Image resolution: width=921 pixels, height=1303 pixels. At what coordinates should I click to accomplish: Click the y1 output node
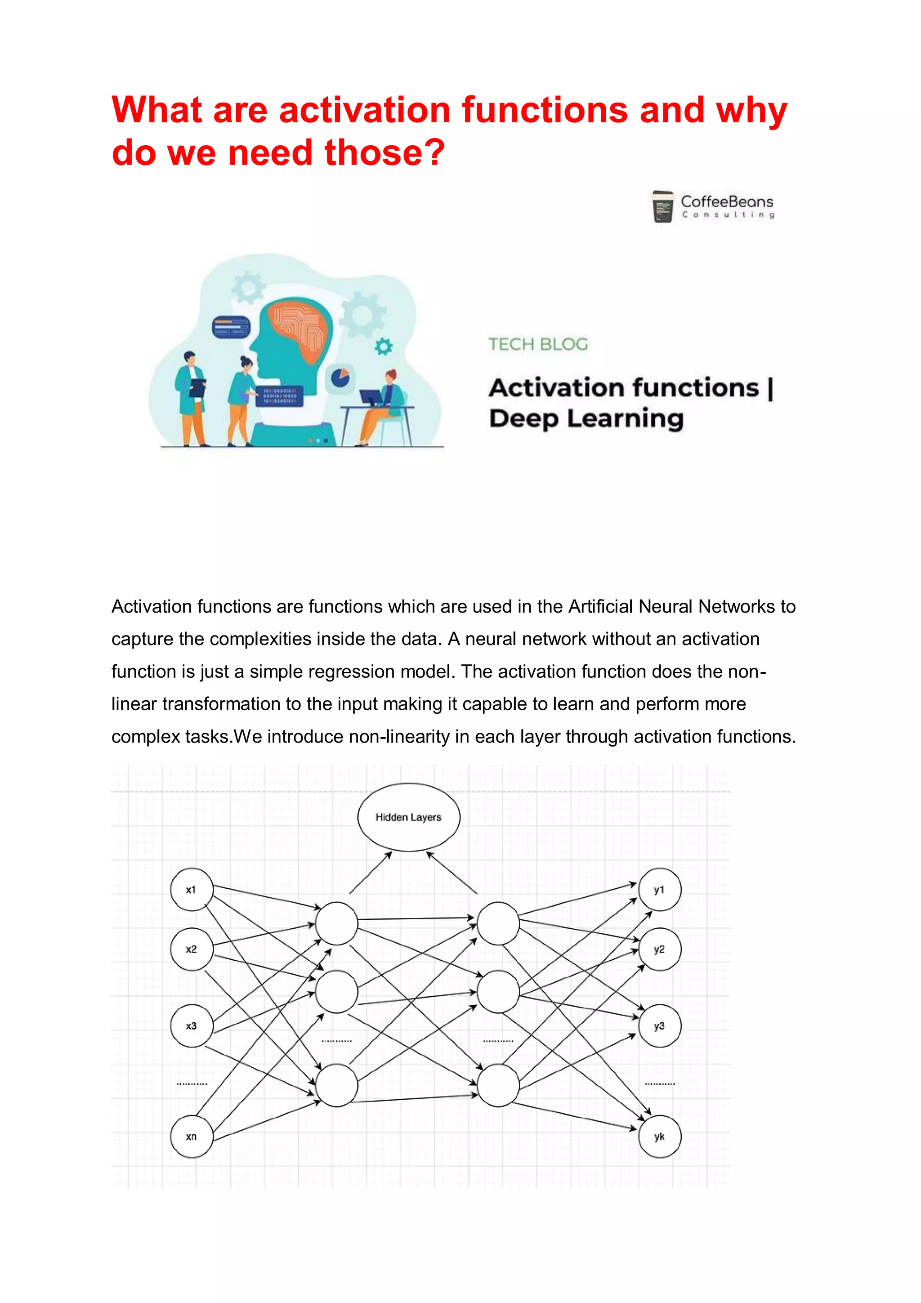pyautogui.click(x=659, y=889)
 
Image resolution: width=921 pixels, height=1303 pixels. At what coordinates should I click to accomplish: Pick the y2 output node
pyautogui.click(x=659, y=949)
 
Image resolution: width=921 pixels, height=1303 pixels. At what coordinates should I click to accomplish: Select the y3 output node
pyautogui.click(x=659, y=1025)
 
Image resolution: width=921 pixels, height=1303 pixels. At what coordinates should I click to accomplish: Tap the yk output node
pyautogui.click(x=659, y=1136)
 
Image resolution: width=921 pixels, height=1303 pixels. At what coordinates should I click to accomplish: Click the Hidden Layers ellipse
pyautogui.click(x=409, y=817)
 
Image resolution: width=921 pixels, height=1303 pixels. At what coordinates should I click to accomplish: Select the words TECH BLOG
pyautogui.click(x=538, y=344)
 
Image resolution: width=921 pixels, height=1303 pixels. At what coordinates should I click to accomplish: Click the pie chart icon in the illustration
pyautogui.click(x=340, y=377)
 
